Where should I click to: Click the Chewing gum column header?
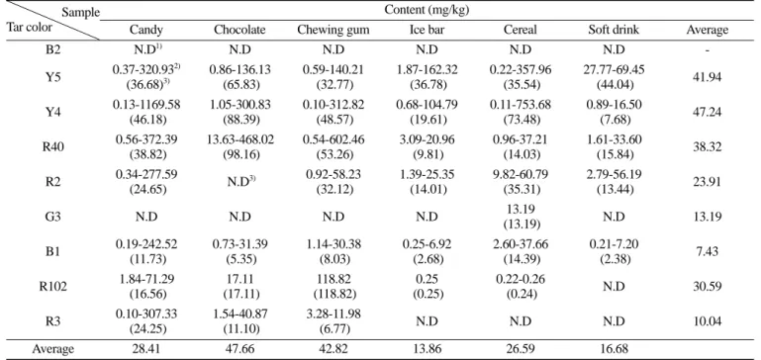(333, 30)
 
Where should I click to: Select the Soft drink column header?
(614, 30)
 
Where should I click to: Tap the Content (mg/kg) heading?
(427, 10)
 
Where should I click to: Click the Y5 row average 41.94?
(708, 77)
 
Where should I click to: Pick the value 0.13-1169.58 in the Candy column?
(146, 105)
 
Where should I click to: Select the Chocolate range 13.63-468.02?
(239, 140)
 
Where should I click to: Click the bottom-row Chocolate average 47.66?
(239, 349)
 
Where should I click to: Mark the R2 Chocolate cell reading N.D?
(238, 182)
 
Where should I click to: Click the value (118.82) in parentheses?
(333, 294)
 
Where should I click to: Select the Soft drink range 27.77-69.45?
(614, 70)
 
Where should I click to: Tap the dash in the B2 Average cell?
(708, 50)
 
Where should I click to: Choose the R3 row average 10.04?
(708, 321)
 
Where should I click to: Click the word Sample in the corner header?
(80, 12)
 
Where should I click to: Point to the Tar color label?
(29, 26)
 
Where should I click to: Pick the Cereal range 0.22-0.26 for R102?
(521, 280)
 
